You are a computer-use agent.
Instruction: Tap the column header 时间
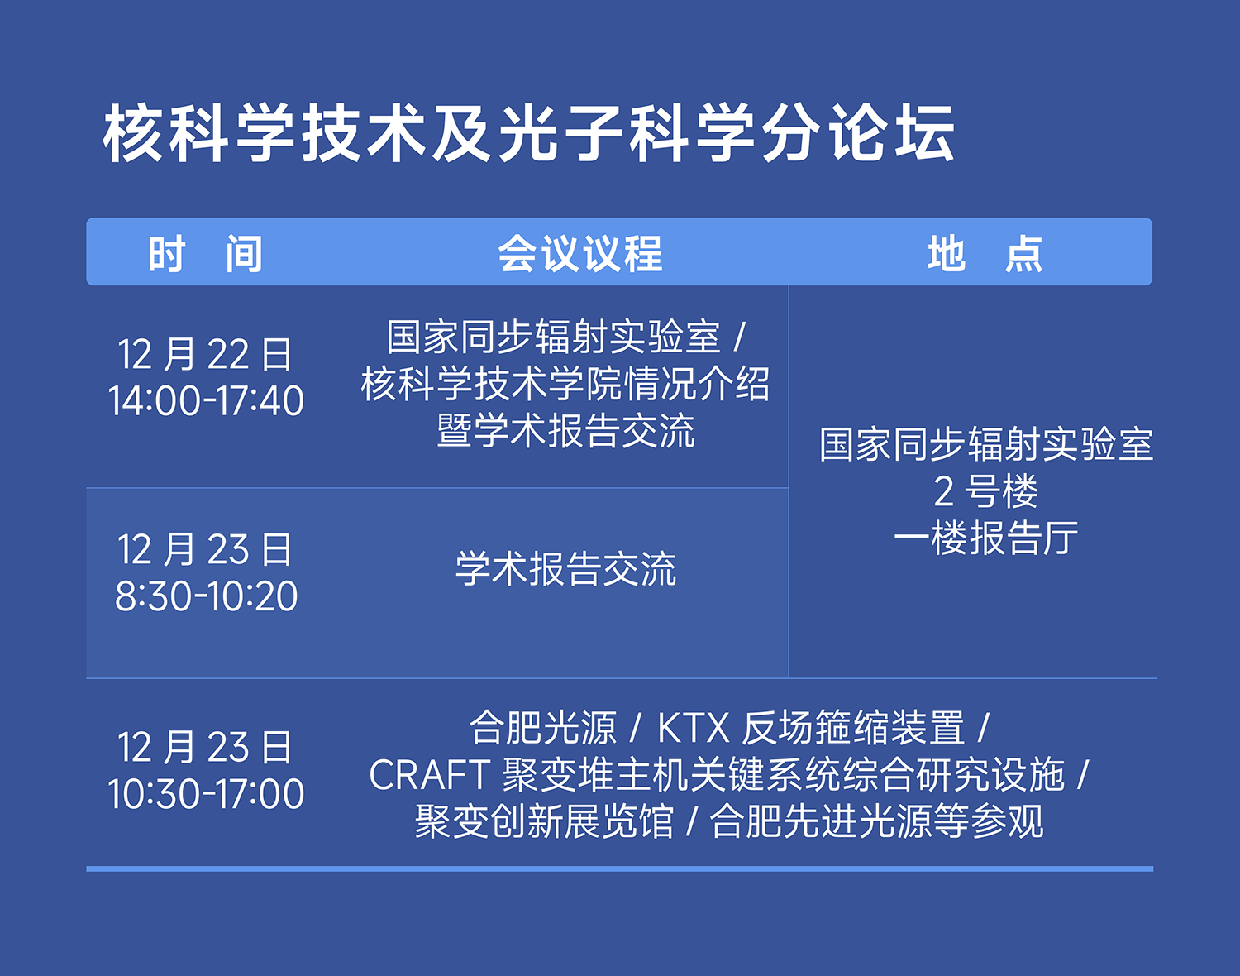point(205,253)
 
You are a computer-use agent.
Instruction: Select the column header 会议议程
point(579,253)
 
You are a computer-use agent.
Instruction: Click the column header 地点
point(985,253)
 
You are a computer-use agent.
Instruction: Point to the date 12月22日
point(205,354)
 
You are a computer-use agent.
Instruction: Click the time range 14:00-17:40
point(206,400)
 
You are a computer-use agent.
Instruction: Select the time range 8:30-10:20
point(206,596)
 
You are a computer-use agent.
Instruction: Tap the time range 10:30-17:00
point(206,794)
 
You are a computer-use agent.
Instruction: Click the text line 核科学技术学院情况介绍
point(565,384)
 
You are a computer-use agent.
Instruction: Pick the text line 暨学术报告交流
point(565,431)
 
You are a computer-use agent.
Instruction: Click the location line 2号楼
point(985,492)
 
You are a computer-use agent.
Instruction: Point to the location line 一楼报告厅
point(985,538)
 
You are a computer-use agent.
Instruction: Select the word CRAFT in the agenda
point(429,775)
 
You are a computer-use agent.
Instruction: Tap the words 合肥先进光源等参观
point(876,821)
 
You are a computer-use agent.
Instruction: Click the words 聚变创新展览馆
point(544,821)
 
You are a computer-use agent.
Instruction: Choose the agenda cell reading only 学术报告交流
point(565,569)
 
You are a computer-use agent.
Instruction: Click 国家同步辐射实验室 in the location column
point(986,444)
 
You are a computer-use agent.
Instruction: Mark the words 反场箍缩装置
point(853,728)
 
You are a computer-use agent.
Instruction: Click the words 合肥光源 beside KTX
point(543,728)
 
